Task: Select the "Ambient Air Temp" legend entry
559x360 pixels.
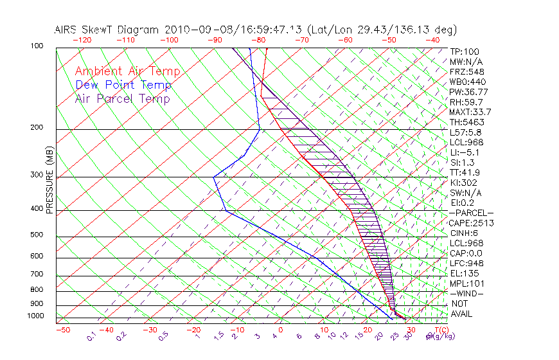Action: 127,71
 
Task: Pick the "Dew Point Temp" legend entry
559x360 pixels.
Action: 123,85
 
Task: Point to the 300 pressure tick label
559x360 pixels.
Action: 36,174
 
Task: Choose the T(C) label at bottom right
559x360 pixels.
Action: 441,330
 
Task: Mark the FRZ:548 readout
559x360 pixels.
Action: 466,71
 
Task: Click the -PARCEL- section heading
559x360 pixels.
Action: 471,213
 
